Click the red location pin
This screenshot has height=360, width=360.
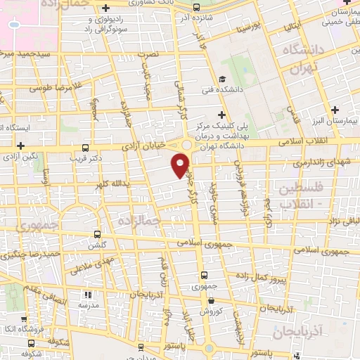click(180, 165)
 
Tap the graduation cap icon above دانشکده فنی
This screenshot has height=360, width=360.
click(222, 79)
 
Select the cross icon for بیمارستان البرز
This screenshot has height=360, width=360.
click(336, 110)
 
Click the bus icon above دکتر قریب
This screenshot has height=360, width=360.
click(86, 148)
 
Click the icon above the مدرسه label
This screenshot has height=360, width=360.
click(88, 295)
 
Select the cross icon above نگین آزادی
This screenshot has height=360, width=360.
click(21, 145)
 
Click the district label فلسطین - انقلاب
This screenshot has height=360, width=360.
click(301, 196)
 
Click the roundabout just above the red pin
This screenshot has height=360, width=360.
click(186, 145)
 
